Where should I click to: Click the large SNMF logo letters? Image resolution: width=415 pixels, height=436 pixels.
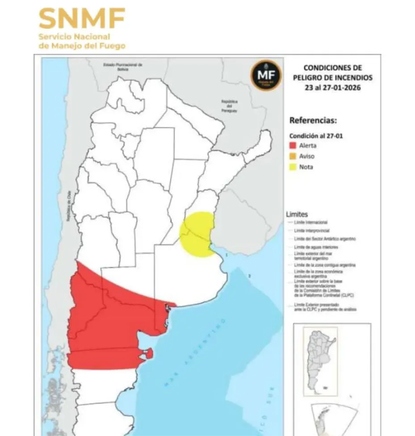(81, 18)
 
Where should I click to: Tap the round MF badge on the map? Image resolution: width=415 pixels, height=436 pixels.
(266, 75)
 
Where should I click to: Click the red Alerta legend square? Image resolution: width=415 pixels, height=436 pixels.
(293, 146)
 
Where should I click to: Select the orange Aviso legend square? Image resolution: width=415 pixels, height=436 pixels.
(293, 157)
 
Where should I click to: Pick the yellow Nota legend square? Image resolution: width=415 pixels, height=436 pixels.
(293, 167)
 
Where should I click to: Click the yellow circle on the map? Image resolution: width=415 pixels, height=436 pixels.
(197, 234)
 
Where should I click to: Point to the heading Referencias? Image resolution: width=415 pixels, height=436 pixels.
(313, 120)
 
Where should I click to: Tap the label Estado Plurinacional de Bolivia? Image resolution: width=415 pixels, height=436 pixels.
(122, 67)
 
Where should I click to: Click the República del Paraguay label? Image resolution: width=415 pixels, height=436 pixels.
(229, 106)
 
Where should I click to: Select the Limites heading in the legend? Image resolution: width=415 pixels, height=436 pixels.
(297, 215)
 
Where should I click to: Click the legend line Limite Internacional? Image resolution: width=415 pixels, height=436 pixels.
(311, 222)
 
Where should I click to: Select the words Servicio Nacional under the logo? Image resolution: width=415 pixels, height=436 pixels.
(74, 37)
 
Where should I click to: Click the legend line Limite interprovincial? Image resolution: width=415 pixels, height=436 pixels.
(312, 230)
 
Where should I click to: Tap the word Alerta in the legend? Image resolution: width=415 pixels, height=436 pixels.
(308, 146)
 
